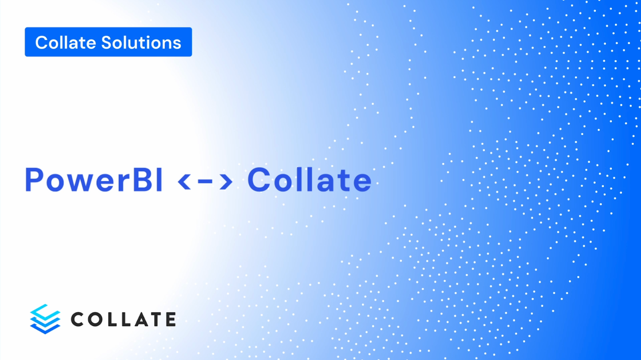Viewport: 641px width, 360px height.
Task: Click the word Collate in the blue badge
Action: point(65,43)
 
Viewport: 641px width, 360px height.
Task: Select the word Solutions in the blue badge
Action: point(141,43)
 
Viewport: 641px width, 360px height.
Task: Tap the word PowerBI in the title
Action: point(94,180)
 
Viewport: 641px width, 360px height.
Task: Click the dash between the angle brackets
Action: point(205,181)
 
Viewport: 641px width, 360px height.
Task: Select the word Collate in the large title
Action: point(309,180)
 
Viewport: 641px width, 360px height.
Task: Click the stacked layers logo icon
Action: point(45,319)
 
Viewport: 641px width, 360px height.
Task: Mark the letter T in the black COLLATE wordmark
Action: point(157,319)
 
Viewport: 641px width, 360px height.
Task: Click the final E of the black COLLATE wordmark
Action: point(171,319)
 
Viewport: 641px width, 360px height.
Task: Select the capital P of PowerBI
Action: point(34,180)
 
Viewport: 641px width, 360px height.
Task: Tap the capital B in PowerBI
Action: point(142,180)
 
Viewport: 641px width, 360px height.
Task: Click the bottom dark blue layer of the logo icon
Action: point(45,329)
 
